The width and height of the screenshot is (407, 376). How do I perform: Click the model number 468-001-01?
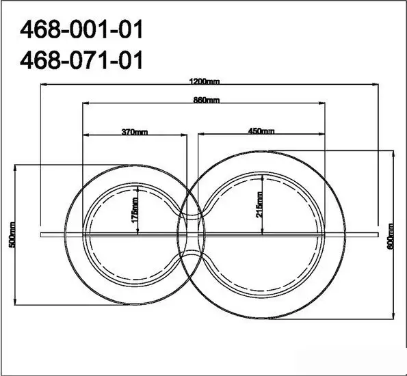(x=81, y=29)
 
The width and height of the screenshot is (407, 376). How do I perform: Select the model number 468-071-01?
(x=81, y=60)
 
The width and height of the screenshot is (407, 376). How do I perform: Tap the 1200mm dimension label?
(x=205, y=82)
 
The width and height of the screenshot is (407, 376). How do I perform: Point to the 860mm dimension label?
(x=207, y=100)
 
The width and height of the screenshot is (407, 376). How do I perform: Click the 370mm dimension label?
(x=135, y=132)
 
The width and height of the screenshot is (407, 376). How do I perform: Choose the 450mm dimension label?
(x=261, y=131)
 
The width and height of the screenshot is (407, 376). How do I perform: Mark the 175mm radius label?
(x=135, y=210)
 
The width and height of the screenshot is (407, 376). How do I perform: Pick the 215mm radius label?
(x=259, y=204)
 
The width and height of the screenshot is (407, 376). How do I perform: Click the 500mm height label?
(x=12, y=235)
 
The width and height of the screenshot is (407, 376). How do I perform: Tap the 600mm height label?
(x=391, y=237)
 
